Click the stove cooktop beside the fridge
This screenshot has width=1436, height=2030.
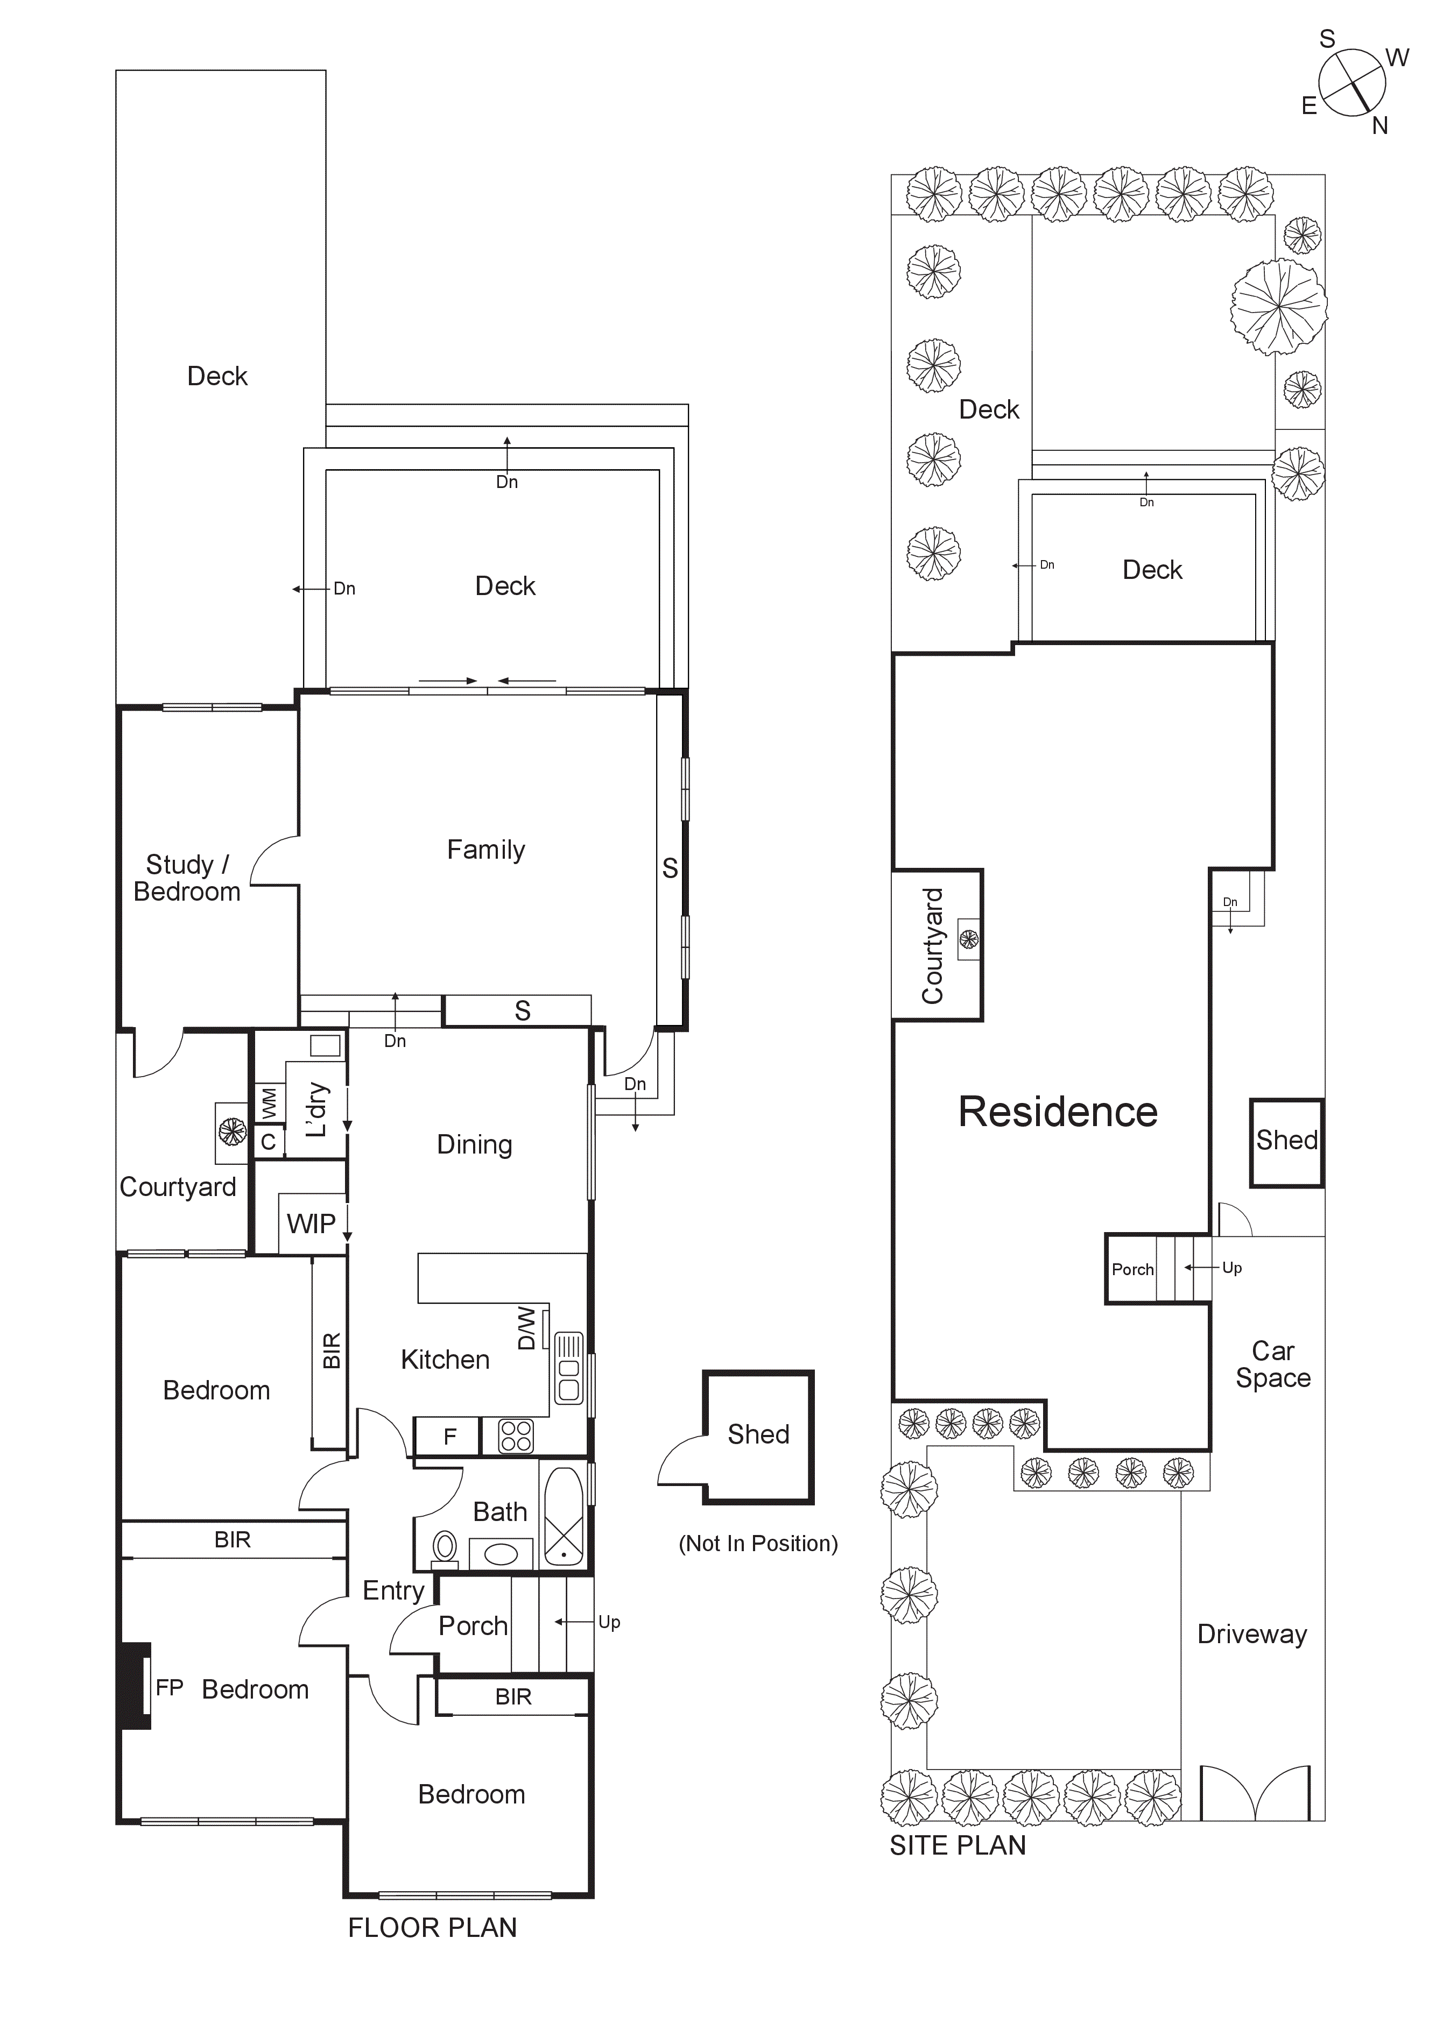click(516, 1437)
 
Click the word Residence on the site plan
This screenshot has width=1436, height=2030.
click(1058, 1112)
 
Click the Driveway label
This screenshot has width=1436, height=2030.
click(1251, 1634)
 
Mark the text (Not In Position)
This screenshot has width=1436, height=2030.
click(758, 1544)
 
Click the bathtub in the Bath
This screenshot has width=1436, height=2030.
click(563, 1516)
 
